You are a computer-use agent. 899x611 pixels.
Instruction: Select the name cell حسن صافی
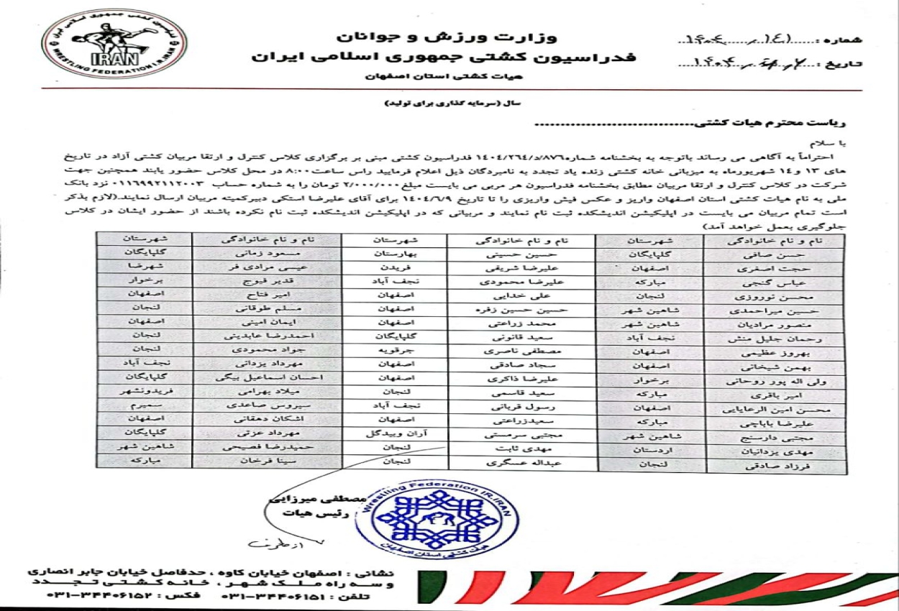click(767, 254)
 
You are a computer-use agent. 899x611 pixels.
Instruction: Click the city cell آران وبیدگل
click(394, 433)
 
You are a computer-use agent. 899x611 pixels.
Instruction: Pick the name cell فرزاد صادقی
click(767, 465)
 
